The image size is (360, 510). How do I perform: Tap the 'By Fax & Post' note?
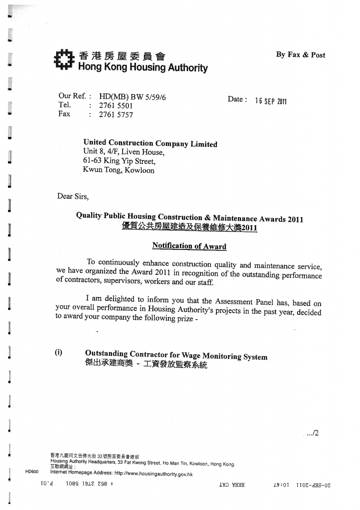coord(301,55)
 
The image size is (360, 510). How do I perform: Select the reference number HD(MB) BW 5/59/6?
coord(132,97)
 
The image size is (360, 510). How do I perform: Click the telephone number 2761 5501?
coord(116,106)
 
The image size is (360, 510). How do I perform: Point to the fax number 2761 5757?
coord(116,115)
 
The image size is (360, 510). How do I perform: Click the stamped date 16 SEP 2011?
coord(271,101)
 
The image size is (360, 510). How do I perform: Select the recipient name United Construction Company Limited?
coord(150,143)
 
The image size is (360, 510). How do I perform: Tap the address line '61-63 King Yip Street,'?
coord(119,161)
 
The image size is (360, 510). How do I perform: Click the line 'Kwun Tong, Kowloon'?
coord(119,170)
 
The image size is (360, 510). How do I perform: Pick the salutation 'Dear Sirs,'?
coord(73,196)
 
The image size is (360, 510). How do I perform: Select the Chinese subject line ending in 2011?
coord(189,228)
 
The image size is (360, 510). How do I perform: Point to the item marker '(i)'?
coord(59,353)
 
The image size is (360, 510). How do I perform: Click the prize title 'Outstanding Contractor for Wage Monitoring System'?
coord(176,355)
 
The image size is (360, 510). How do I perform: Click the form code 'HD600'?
coord(32,471)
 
